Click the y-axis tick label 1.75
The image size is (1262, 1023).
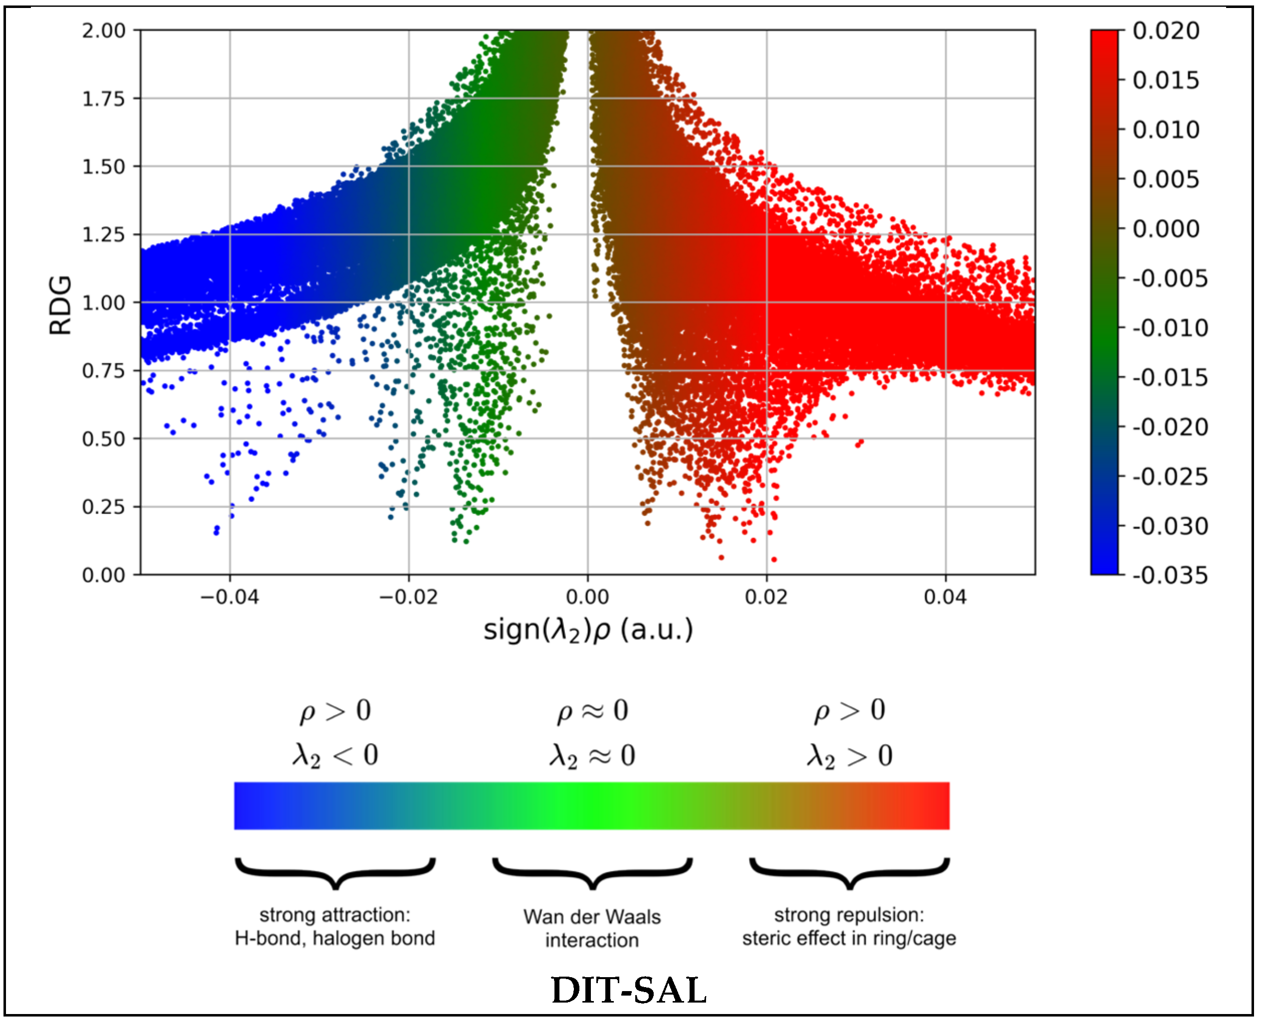point(103,98)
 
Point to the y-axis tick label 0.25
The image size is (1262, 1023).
point(103,507)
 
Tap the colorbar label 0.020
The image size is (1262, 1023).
point(1165,30)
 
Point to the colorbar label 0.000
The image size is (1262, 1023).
point(1165,229)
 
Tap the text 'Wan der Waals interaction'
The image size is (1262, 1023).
point(592,928)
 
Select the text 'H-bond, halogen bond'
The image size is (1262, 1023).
point(334,938)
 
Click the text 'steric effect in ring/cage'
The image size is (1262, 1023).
point(849,938)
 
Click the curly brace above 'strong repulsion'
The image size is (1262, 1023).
point(849,871)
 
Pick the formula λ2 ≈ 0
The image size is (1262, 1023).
point(592,755)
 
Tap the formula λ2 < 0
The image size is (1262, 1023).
point(335,755)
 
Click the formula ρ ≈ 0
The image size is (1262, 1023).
point(592,711)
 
